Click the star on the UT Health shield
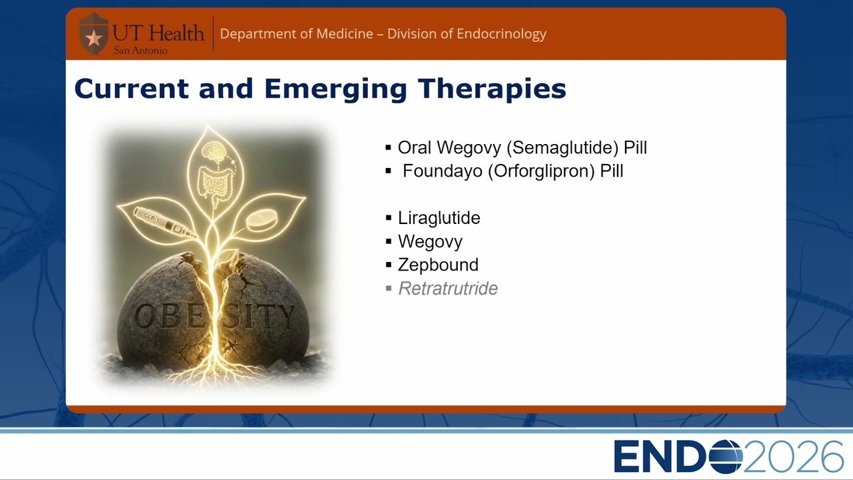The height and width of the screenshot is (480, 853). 94,38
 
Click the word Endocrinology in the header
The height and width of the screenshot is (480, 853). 502,34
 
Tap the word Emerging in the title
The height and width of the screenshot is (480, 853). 335,89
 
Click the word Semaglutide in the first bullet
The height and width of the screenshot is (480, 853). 562,148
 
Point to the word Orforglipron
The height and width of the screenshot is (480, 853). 541,171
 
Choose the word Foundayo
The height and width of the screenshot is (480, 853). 442,171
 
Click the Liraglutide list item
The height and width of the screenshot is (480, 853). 439,218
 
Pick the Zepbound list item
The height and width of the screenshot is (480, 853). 438,265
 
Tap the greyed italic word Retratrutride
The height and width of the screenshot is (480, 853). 448,289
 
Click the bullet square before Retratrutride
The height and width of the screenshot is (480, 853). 389,289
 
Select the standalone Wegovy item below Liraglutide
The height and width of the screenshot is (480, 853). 430,241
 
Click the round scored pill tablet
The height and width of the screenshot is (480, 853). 262,220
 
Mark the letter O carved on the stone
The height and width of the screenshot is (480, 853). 145,317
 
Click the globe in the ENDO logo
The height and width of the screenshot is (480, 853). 725,457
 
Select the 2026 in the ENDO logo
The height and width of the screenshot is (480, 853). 794,457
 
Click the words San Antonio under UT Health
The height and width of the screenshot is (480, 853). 141,51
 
